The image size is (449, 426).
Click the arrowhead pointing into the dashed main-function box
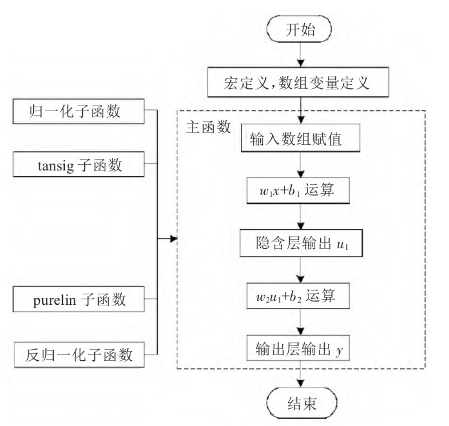pyautogui.click(x=174, y=240)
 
